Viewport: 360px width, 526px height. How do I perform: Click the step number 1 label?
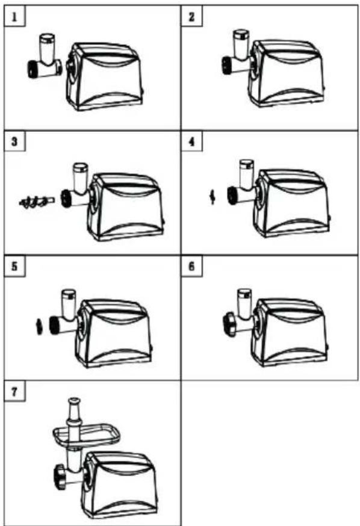[14, 16]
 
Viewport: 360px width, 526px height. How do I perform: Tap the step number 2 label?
[191, 16]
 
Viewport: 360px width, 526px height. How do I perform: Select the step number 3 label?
[14, 141]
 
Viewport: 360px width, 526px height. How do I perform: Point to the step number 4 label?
[191, 141]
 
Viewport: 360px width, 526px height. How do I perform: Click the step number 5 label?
[14, 267]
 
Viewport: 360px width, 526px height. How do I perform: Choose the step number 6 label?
[191, 267]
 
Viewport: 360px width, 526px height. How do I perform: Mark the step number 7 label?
[14, 391]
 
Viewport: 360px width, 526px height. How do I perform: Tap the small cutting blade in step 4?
[212, 197]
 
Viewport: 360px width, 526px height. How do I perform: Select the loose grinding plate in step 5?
[39, 326]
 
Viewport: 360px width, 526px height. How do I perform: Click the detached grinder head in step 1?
[45, 57]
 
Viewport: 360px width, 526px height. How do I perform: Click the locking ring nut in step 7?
[60, 477]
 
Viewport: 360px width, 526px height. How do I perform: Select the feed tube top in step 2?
[241, 34]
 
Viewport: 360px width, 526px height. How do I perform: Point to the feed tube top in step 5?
[68, 293]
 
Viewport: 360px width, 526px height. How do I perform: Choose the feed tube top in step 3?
[81, 167]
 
